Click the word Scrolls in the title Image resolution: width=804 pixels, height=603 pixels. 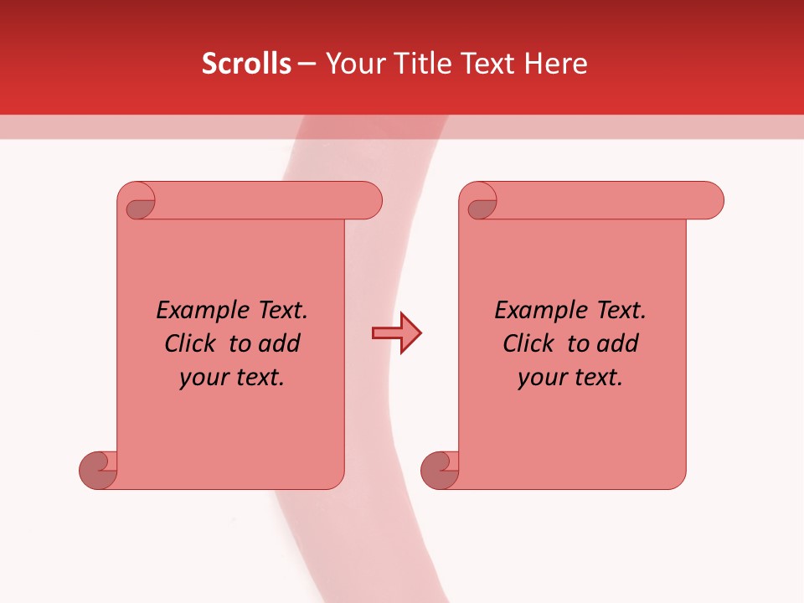tap(246, 64)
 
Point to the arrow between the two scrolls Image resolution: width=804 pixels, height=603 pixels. tap(396, 333)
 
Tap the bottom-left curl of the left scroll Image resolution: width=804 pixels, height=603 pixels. tap(98, 470)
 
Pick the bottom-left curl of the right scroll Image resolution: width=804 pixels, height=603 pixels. tap(439, 470)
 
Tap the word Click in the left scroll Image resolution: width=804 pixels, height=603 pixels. tap(193, 343)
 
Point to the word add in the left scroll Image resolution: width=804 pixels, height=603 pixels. tap(280, 343)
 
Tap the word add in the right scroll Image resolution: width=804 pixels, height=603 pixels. tap(618, 343)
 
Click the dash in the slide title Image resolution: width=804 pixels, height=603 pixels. tap(307, 64)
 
